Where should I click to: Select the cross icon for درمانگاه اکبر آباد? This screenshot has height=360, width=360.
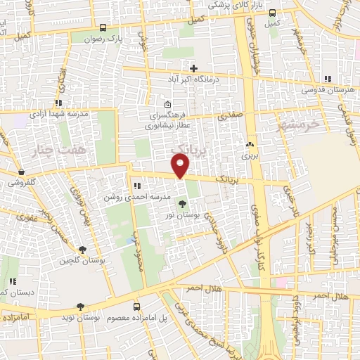coord(193,68)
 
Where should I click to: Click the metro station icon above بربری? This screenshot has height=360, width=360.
coord(248,145)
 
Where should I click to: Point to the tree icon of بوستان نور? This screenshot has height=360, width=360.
coord(184,204)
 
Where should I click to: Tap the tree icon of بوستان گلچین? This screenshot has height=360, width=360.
coord(82,250)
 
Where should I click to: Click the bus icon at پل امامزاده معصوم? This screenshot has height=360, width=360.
coord(136,307)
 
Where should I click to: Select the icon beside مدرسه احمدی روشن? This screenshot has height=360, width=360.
coord(136,186)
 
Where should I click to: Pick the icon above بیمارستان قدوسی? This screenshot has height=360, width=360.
coord(326,79)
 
